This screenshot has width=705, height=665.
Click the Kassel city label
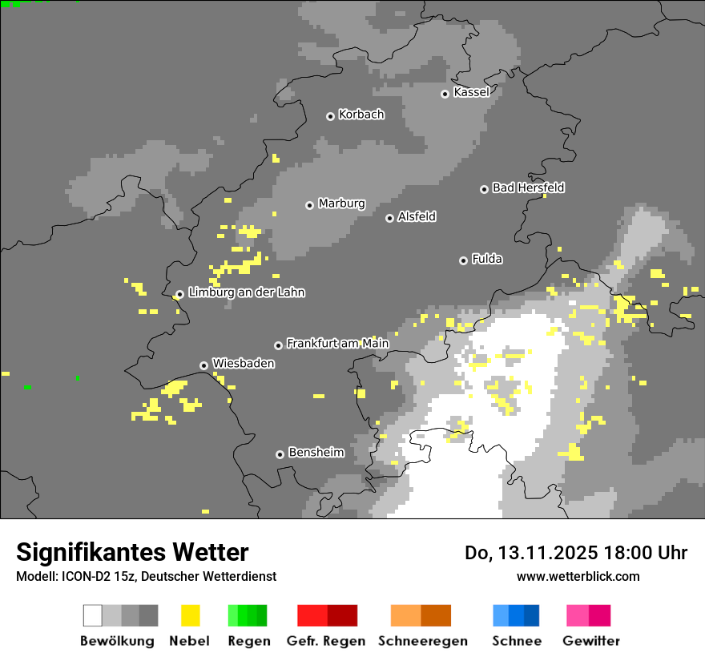[x=471, y=92]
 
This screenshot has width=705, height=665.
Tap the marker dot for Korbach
[x=330, y=116]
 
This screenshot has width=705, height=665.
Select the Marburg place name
[x=341, y=204]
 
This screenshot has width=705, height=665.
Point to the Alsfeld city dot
[x=389, y=218]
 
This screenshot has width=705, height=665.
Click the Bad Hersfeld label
[x=528, y=187]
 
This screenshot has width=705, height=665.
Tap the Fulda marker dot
[x=463, y=260]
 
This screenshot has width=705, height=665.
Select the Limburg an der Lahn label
[x=246, y=292]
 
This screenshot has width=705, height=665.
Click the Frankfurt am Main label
[x=337, y=344]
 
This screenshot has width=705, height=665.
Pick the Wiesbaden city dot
[x=203, y=365]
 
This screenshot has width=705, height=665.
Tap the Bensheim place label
[x=316, y=453]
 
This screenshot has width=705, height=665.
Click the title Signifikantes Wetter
[x=132, y=553]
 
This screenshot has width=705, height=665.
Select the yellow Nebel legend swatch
[x=190, y=615]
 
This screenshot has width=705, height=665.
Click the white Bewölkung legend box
[x=93, y=615]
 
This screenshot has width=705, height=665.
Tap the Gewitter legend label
[x=590, y=641]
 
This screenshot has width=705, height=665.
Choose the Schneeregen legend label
[x=422, y=641]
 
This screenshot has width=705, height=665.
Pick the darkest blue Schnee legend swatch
[x=531, y=615]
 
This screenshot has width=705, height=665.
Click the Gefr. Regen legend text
[x=325, y=641]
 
